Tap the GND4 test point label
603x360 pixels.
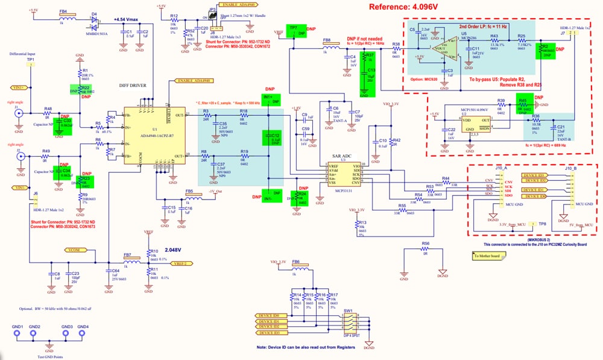tap(83, 327)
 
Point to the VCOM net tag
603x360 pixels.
tap(74, 249)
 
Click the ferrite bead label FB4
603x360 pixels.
tap(63, 11)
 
